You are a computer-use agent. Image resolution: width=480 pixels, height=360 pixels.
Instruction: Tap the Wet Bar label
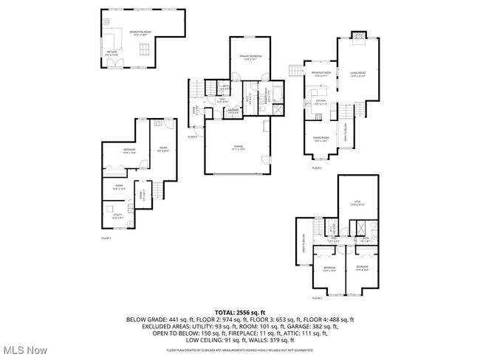click(x=112, y=52)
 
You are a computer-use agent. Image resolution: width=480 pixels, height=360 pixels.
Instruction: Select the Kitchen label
click(x=321, y=102)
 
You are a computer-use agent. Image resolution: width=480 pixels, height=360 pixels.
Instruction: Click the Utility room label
click(x=116, y=217)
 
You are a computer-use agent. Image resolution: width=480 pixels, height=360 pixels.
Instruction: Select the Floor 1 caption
click(x=106, y=238)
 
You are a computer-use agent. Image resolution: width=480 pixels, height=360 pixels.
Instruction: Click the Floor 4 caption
click(x=316, y=298)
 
